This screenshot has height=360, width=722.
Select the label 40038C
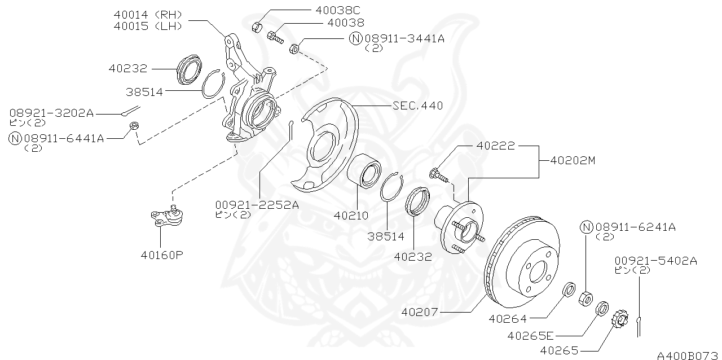(336, 10)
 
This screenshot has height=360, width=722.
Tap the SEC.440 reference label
(417, 105)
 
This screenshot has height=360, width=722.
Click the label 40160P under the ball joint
(162, 254)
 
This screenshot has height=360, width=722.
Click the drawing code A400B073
(688, 355)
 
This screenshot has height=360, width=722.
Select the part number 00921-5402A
(655, 261)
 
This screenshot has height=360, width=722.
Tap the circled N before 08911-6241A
(587, 227)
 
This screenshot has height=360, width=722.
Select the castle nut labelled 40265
(620, 319)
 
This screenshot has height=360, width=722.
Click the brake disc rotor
(522, 265)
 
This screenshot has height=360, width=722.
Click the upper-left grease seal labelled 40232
(189, 70)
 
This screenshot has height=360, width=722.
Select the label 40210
(351, 215)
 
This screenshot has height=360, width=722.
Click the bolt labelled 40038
(275, 38)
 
